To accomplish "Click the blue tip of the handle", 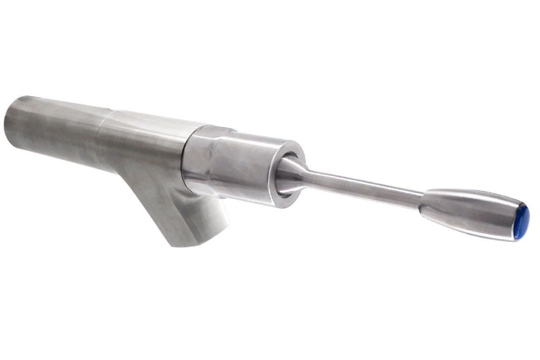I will click(522, 219).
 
